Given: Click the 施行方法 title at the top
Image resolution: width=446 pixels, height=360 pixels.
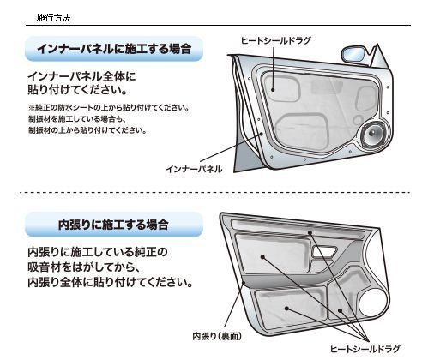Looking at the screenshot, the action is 53,18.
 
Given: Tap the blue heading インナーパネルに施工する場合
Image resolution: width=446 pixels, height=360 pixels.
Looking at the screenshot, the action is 114,49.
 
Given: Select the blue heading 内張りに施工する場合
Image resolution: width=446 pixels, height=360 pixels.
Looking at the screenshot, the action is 113,225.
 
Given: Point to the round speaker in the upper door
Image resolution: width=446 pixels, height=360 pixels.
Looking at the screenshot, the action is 373,134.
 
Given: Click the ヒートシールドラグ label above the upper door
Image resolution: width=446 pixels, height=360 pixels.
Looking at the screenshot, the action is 276,40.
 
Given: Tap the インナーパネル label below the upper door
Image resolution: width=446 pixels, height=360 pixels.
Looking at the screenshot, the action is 194,169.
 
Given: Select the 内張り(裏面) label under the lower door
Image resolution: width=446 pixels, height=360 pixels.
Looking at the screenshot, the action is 217,336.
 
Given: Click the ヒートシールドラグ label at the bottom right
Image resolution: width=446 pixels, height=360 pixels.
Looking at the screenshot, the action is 365,349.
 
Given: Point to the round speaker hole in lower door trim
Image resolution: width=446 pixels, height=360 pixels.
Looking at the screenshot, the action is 374,303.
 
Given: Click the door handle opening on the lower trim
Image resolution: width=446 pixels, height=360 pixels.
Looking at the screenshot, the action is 324,252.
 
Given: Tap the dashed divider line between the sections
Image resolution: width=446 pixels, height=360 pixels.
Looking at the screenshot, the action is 215,193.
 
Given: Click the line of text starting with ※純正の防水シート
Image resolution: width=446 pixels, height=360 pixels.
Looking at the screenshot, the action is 109,108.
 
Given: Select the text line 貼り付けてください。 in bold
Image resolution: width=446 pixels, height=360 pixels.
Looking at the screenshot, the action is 77,90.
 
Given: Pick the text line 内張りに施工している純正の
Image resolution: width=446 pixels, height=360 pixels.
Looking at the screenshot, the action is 98,252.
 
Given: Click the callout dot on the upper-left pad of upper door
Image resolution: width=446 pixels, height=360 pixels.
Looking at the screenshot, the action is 273,90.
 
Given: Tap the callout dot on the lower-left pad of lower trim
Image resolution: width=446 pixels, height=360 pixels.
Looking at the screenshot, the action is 286,309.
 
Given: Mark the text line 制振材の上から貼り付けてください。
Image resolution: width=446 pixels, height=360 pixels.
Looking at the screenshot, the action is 87,130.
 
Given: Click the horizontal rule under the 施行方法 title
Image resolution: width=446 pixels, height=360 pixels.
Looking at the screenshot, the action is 218,26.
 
